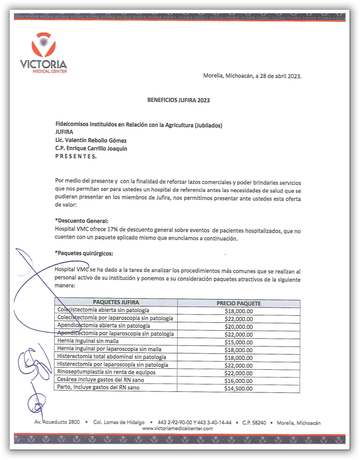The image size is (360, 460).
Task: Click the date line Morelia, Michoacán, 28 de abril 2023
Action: pyautogui.click(x=252, y=76)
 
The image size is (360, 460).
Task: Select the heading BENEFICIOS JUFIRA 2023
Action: pyautogui.click(x=179, y=100)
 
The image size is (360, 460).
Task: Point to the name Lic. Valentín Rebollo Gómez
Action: pyautogui.click(x=91, y=141)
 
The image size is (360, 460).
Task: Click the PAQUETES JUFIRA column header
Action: pyautogui.click(x=116, y=303)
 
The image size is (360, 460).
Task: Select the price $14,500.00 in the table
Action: pyautogui.click(x=239, y=388)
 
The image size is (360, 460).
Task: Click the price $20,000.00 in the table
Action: pyautogui.click(x=239, y=327)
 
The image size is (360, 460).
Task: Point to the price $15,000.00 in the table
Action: pyautogui.click(x=239, y=342)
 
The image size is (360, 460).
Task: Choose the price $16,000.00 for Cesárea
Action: pyautogui.click(x=239, y=381)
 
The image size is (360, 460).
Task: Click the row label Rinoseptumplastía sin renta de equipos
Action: pyautogui.click(x=107, y=372)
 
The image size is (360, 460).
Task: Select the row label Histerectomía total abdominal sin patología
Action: pyautogui.click(x=112, y=357)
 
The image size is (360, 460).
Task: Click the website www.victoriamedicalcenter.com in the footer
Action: pyautogui.click(x=177, y=428)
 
